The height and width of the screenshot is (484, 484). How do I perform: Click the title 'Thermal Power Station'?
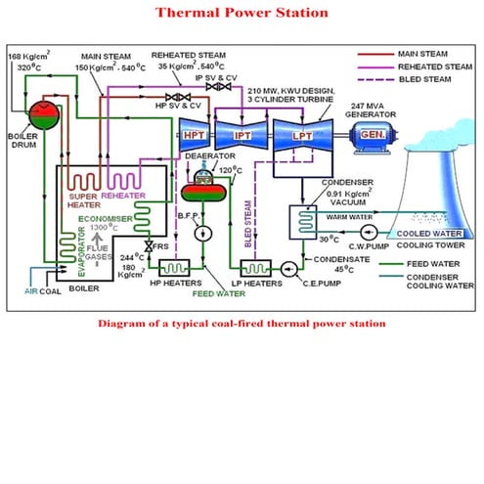(242, 13)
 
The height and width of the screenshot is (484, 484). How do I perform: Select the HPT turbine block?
(194, 138)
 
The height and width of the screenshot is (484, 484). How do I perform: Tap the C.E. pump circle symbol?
(287, 267)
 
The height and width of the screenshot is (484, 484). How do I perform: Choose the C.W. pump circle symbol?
(368, 233)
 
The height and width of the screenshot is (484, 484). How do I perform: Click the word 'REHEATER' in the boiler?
(124, 196)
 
